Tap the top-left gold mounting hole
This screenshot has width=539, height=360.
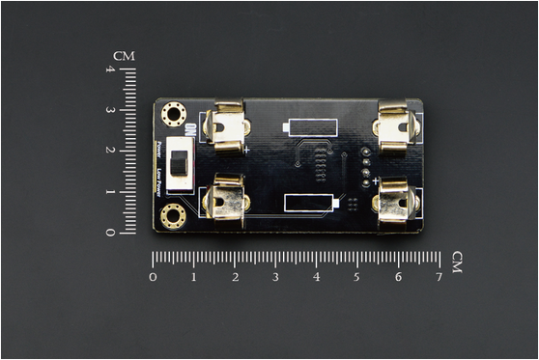pyautogui.click(x=175, y=115)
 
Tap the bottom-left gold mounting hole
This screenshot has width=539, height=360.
pyautogui.click(x=175, y=214)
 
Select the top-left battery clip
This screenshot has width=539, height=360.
pyautogui.click(x=229, y=127)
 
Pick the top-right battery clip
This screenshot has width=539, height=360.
pyautogui.click(x=396, y=127)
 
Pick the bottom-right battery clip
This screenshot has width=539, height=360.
pyautogui.click(x=397, y=200)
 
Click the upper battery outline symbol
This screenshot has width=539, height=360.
pyautogui.click(x=311, y=126)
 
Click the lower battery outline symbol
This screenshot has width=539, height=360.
pyautogui.click(x=311, y=202)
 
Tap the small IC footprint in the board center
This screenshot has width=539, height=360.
pyautogui.click(x=317, y=161)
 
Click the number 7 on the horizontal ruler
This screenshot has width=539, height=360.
pyautogui.click(x=439, y=277)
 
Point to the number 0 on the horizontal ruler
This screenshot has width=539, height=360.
pyautogui.click(x=153, y=277)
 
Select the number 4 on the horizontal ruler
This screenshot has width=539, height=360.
pyautogui.click(x=316, y=277)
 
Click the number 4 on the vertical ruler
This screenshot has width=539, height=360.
pyautogui.click(x=110, y=69)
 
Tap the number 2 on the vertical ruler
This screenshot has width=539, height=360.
pyautogui.click(x=110, y=151)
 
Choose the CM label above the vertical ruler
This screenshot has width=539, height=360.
pyautogui.click(x=124, y=56)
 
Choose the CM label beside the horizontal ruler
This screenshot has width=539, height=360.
pyautogui.click(x=457, y=262)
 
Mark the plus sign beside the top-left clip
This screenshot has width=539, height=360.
pyautogui.click(x=247, y=150)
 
